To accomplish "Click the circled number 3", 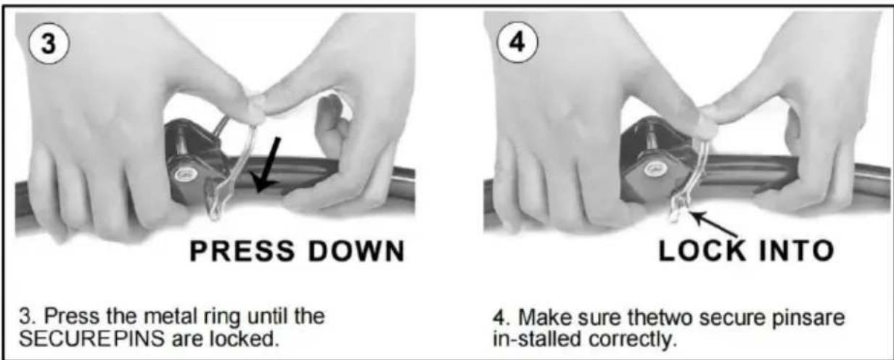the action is click(x=49, y=43).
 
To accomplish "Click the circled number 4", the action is click(x=517, y=42).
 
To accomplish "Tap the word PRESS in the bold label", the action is click(x=242, y=251).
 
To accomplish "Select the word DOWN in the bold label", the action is click(x=356, y=251).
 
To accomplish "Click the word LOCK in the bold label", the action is click(x=702, y=250).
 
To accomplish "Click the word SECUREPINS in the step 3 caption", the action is click(x=91, y=339).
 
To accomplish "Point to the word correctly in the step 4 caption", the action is click(x=633, y=340).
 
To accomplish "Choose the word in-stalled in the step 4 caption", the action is click(x=537, y=340).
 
